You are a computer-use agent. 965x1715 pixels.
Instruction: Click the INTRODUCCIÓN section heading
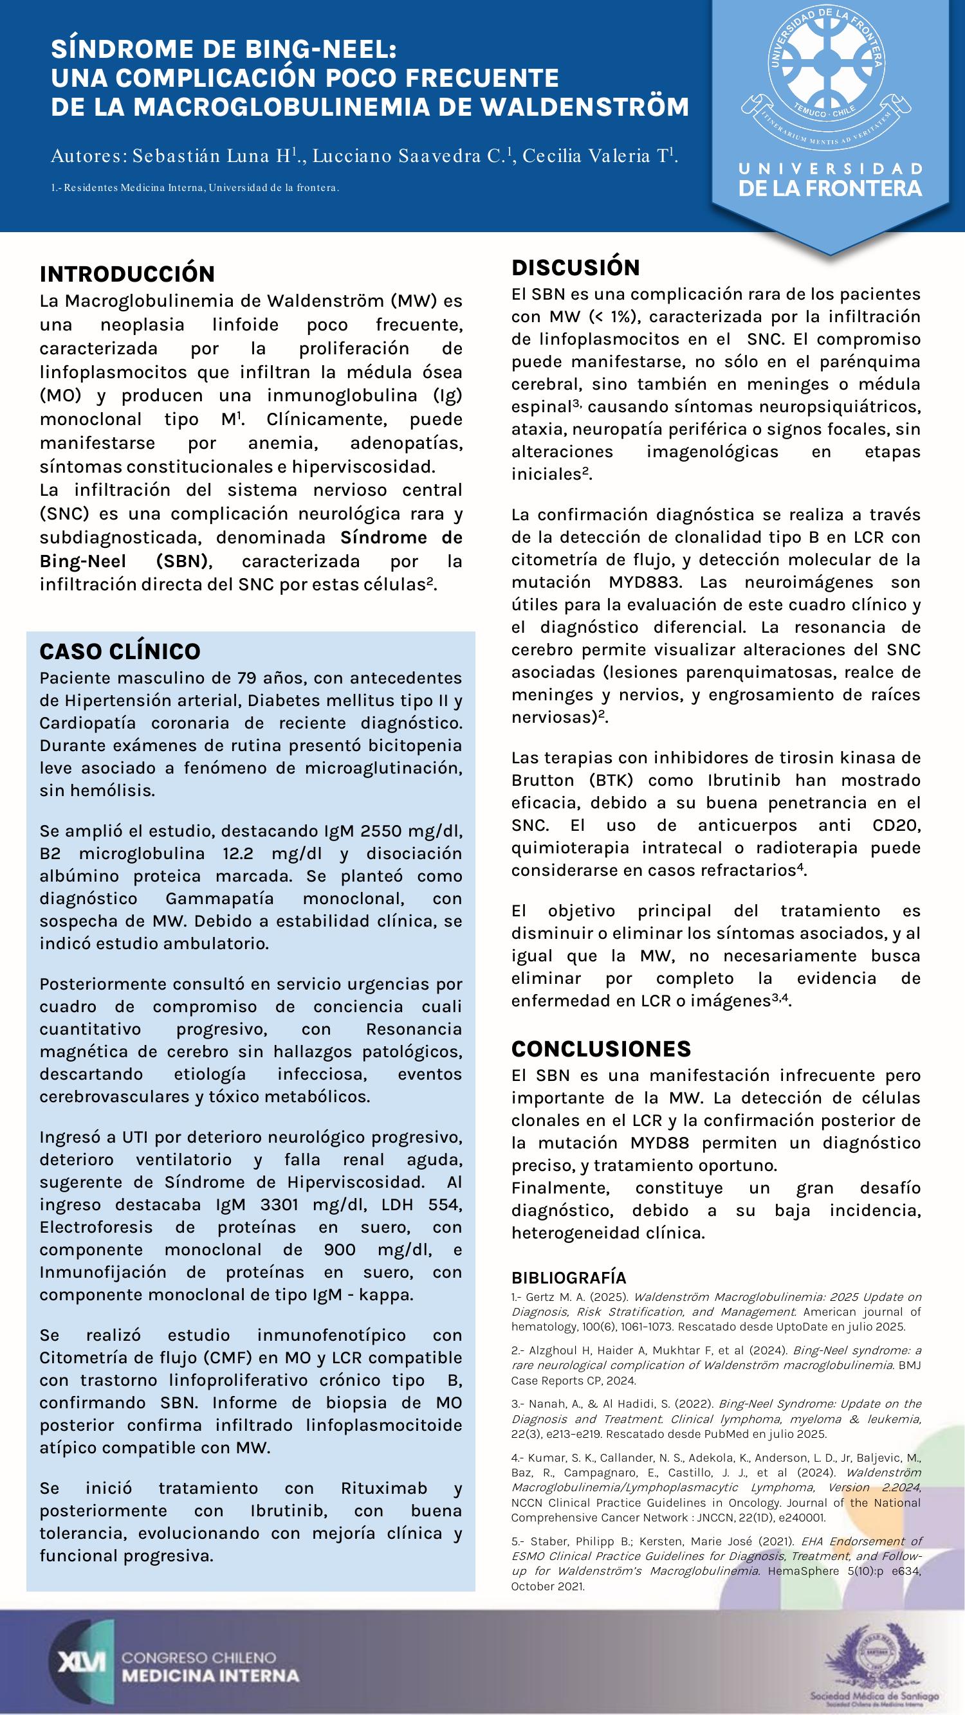(x=127, y=275)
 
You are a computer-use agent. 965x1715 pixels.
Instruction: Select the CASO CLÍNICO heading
(x=120, y=651)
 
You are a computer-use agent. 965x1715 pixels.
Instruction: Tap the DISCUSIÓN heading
(x=575, y=268)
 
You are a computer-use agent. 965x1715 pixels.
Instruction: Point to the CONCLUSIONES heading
(x=601, y=1049)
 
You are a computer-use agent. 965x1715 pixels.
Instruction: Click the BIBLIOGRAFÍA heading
(x=569, y=1278)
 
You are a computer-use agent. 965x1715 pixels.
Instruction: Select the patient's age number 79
(x=248, y=678)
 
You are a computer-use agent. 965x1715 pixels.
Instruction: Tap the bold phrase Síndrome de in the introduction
(x=401, y=538)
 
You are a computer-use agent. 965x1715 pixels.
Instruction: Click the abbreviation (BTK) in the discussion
(x=611, y=780)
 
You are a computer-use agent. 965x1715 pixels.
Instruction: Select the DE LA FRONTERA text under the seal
(x=830, y=188)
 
